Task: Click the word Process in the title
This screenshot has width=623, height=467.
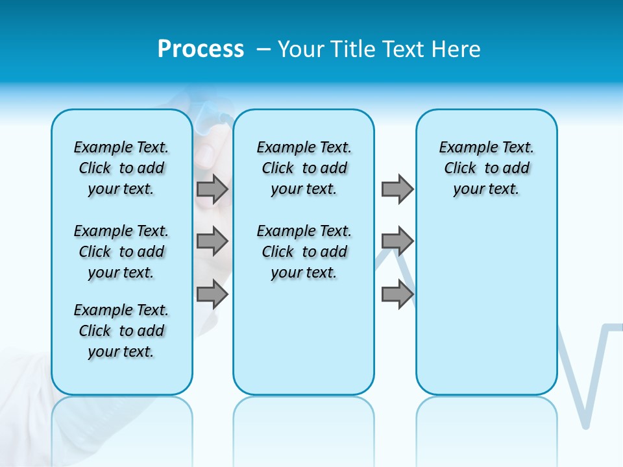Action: pyautogui.click(x=201, y=49)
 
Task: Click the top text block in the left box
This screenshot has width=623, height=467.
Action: pyautogui.click(x=121, y=168)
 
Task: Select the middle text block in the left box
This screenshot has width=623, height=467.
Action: pyautogui.click(x=121, y=252)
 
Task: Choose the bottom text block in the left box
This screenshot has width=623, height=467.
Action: pyautogui.click(x=121, y=331)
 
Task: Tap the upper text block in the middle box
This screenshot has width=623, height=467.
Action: pyautogui.click(x=304, y=168)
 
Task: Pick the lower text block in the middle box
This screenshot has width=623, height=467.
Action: pyautogui.click(x=304, y=252)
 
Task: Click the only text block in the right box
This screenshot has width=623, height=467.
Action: pyautogui.click(x=486, y=168)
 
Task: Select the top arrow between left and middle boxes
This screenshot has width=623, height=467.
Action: pyautogui.click(x=212, y=189)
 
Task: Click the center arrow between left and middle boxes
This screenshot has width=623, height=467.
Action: pyautogui.click(x=212, y=242)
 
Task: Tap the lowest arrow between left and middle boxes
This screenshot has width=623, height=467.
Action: pyautogui.click(x=212, y=294)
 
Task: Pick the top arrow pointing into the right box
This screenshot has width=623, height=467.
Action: pyautogui.click(x=397, y=189)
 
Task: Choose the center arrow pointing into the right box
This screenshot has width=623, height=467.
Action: pyautogui.click(x=397, y=242)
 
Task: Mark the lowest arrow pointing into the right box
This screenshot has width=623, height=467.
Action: pyautogui.click(x=397, y=294)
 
